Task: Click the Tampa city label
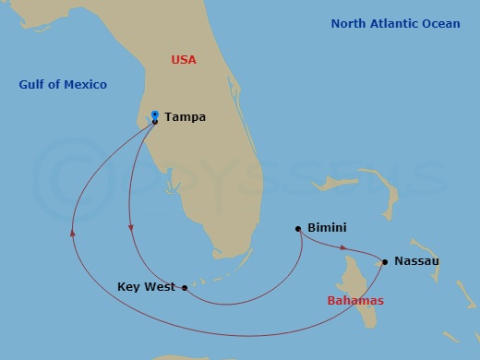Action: (x=185, y=117)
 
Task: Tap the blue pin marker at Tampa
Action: (x=155, y=114)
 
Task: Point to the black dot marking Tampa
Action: (x=155, y=121)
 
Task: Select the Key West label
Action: (x=147, y=287)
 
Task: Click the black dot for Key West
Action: (x=186, y=288)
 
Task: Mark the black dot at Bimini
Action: (x=298, y=229)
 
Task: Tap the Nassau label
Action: (x=416, y=261)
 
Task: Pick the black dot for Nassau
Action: (x=384, y=261)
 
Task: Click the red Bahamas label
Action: (x=355, y=301)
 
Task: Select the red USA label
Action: (x=185, y=60)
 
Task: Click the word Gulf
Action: (x=34, y=85)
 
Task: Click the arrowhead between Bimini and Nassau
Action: (x=344, y=247)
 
